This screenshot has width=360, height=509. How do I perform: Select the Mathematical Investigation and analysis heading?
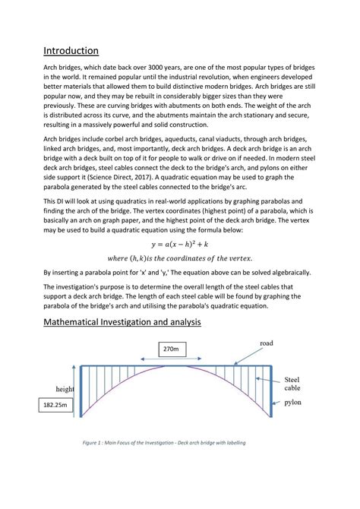[x=122, y=322]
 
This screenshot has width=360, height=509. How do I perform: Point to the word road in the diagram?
[x=266, y=343]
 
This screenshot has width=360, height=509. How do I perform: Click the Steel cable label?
[x=292, y=383]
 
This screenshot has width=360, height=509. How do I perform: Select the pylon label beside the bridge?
[x=294, y=404]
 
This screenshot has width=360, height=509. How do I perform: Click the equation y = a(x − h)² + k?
[x=179, y=245]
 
